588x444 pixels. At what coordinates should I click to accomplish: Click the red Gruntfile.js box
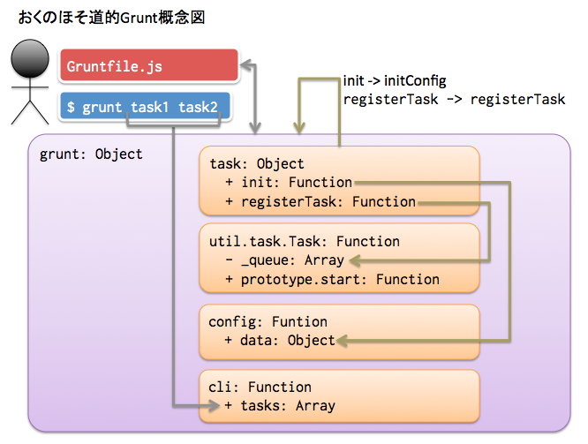[x=149, y=65]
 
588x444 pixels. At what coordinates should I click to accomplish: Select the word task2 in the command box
[x=198, y=108]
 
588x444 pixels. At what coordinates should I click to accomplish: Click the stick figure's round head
[x=30, y=58]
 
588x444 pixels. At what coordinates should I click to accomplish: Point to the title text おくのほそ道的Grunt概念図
[x=112, y=18]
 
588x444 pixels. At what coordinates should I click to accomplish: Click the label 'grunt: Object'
[x=91, y=154]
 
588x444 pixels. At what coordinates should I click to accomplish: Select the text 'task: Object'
[x=257, y=164]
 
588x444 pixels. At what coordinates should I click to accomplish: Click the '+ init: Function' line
[x=289, y=183]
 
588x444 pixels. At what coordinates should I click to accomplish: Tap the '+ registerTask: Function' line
[x=320, y=202]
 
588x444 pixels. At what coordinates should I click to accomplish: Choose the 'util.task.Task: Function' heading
[x=305, y=242]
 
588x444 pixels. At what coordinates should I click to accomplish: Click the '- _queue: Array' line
[x=285, y=260]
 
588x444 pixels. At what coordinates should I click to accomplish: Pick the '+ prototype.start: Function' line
[x=333, y=279]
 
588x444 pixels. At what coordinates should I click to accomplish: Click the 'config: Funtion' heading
[x=268, y=322]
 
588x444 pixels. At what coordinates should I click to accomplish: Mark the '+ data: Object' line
[x=280, y=341]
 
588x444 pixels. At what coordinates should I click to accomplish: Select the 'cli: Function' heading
[x=260, y=387]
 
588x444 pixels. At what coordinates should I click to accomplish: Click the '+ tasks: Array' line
[x=280, y=406]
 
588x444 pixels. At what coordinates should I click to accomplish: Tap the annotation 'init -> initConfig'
[x=395, y=80]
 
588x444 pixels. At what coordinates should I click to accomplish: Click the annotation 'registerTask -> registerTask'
[x=454, y=100]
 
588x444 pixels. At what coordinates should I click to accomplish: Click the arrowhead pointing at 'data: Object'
[x=343, y=341]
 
